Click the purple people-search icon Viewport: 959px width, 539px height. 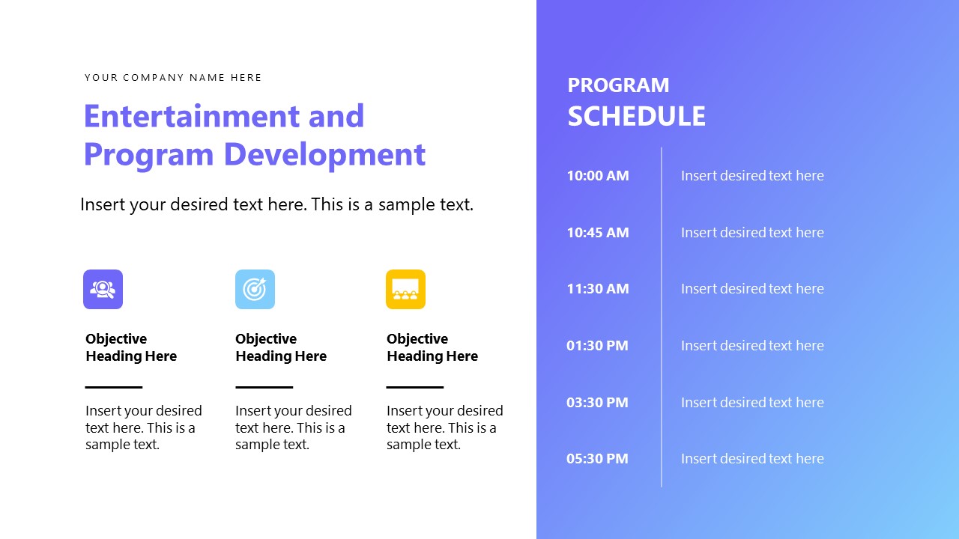pyautogui.click(x=103, y=289)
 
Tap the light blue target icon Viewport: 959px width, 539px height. pyautogui.click(x=255, y=289)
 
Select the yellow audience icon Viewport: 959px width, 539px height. pyautogui.click(x=405, y=289)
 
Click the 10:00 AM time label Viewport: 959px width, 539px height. pyautogui.click(x=597, y=176)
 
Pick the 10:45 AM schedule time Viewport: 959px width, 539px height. pyautogui.click(x=597, y=233)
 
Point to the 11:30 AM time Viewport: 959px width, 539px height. pyautogui.click(x=597, y=289)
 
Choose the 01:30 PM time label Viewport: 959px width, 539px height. pyautogui.click(x=597, y=346)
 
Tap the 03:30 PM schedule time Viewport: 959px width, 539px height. pyautogui.click(x=597, y=403)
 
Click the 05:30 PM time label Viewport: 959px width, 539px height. pyautogui.click(x=597, y=459)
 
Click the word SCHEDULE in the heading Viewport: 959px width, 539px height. pyautogui.click(x=636, y=117)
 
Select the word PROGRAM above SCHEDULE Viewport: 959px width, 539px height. pyautogui.click(x=618, y=85)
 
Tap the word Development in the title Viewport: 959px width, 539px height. pyautogui.click(x=324, y=154)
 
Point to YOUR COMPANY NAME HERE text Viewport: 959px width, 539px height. pyautogui.click(x=173, y=78)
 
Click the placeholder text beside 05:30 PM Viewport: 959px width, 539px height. pyautogui.click(x=751, y=459)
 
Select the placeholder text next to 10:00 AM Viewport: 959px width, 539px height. pyautogui.click(x=751, y=176)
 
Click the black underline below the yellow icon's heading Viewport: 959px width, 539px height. pyautogui.click(x=414, y=387)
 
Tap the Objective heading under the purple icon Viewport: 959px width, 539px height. pyautogui.click(x=131, y=347)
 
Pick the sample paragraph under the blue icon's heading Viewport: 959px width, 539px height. pyautogui.click(x=292, y=427)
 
